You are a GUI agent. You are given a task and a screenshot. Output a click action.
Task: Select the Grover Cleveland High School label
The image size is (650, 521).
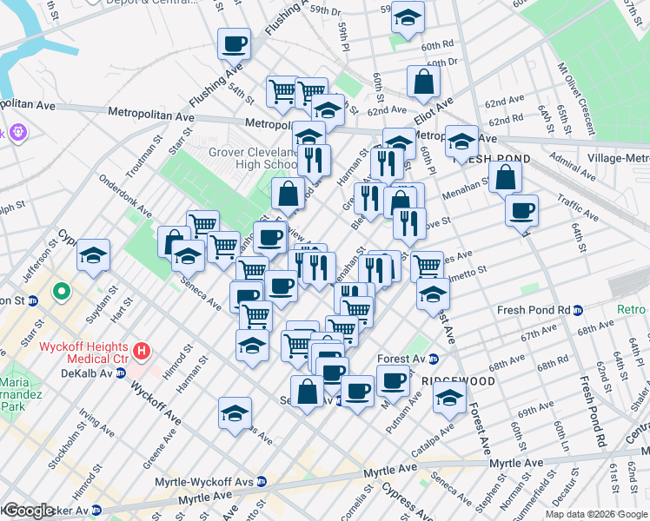pos(253,158)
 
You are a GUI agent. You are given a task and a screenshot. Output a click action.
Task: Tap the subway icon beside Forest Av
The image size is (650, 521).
pos(434,359)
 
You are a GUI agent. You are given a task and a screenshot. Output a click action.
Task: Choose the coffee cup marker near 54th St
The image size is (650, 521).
pos(235,43)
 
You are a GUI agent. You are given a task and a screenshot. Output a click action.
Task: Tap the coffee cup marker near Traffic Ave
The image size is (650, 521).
pos(521,210)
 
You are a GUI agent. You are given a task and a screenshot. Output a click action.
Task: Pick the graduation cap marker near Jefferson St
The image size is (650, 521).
pos(93,255)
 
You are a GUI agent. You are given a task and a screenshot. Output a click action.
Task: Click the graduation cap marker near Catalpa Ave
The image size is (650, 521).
pos(449,399)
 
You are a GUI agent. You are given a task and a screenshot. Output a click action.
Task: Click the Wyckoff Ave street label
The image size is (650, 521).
pos(156,399)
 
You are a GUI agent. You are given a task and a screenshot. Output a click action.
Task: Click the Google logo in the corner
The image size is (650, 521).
pos(28,511)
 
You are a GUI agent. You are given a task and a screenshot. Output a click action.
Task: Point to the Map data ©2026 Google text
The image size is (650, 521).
pos(596,514)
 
